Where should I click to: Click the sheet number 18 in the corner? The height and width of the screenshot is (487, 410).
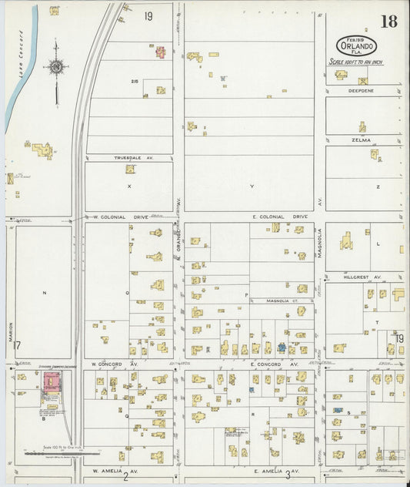point(388,21)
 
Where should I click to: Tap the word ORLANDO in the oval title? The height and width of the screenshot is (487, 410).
point(355,45)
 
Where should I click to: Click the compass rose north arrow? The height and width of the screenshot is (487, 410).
point(55,68)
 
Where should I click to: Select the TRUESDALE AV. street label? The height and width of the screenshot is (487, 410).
point(134,158)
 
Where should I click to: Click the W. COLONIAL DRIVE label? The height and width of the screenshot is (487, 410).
point(123,217)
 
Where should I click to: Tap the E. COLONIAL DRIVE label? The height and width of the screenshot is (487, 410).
point(279,217)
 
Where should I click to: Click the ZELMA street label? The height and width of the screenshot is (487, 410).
point(362,139)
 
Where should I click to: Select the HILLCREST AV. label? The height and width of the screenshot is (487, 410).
point(368,275)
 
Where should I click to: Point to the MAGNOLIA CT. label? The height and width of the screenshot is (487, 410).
point(276,301)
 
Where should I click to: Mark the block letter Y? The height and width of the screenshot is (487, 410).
point(251,186)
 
